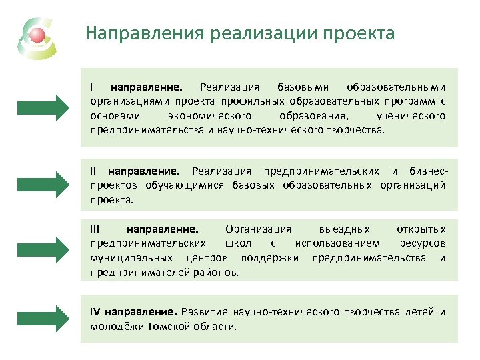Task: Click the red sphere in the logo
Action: coord(38,34)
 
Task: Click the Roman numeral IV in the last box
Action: coord(95,312)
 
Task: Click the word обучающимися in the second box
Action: coord(187,185)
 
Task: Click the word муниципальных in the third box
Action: coord(125,258)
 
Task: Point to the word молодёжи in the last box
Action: coord(113,327)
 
